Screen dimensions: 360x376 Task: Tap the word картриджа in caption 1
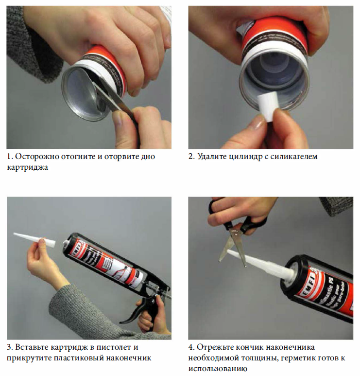[27, 167]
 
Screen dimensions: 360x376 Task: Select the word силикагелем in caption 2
[294, 156]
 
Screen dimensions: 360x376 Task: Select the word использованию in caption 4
[218, 369]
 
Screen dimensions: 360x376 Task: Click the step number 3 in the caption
[9, 347]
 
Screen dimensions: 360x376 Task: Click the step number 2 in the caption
[191, 156]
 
